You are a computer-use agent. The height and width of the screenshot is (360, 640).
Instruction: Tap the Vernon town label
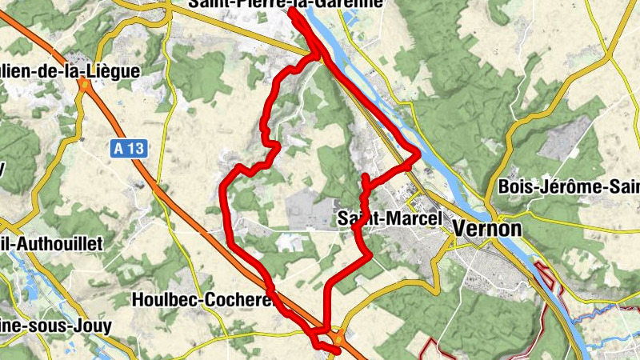pos(487,228)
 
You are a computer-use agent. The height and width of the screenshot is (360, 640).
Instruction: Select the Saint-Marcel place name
pos(390,218)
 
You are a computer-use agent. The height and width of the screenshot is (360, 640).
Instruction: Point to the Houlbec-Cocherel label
pos(203,300)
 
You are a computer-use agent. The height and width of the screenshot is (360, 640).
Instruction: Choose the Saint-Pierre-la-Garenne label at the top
pos(286,4)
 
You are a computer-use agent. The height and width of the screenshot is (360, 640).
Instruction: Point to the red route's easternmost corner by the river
pos(418,154)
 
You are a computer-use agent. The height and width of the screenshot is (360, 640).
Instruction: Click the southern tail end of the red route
pos(336,349)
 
